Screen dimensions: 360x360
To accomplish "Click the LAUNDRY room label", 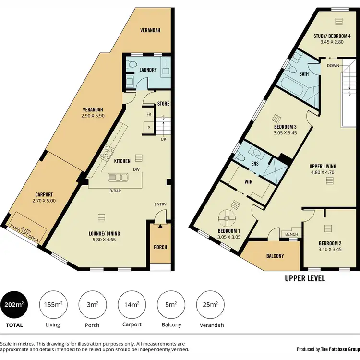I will coord(148,70).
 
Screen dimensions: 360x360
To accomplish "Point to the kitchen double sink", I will coord(118,177).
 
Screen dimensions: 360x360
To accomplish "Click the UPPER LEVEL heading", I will coord(305,278).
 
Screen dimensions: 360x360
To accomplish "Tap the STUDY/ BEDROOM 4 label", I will coord(332,35).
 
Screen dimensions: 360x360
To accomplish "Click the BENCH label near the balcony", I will coord(291,234).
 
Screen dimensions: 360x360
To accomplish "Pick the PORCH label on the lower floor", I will coord(160,248).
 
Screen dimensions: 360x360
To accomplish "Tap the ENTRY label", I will coord(160,204).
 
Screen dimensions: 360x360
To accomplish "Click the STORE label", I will coord(163,104).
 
